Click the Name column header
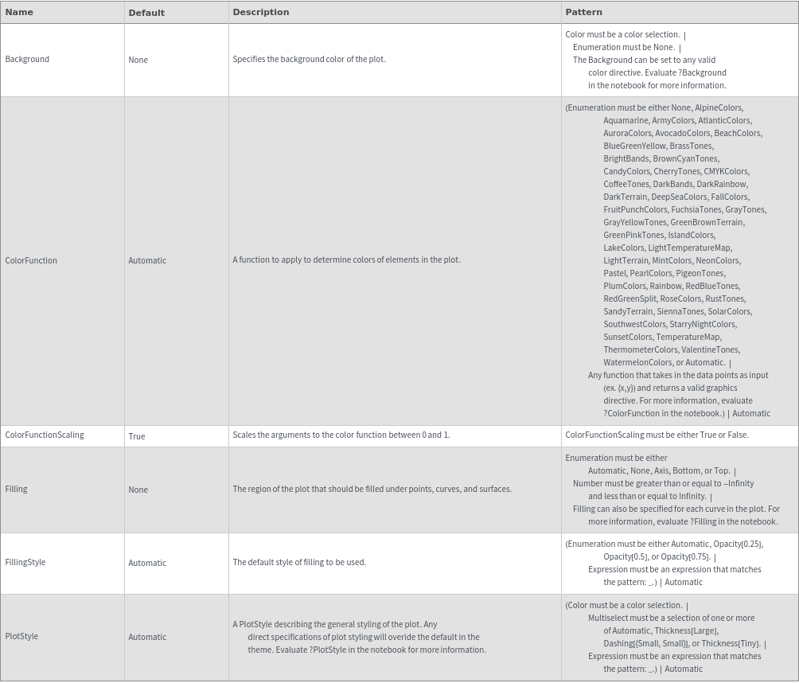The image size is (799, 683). coord(19,12)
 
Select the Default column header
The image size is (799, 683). coord(146,13)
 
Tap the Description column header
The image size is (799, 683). coord(261,12)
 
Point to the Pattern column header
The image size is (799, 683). coord(583,12)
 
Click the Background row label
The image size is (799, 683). coord(27,59)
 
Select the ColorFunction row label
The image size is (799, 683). coord(31,260)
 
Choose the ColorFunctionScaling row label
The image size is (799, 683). coord(45,435)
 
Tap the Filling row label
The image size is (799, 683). coord(16,489)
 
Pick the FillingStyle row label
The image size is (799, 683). coord(25,562)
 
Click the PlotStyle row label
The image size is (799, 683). coord(21,636)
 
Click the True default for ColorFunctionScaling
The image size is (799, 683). coord(137,436)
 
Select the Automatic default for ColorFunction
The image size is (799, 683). coord(147,260)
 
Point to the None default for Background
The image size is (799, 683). coord(138,60)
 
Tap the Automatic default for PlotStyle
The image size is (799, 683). coord(147,637)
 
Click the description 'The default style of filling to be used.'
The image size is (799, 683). coord(299,562)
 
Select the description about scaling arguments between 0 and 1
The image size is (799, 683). coord(341,435)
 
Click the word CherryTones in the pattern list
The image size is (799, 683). coord(676,171)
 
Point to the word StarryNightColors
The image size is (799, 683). coord(703,324)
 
